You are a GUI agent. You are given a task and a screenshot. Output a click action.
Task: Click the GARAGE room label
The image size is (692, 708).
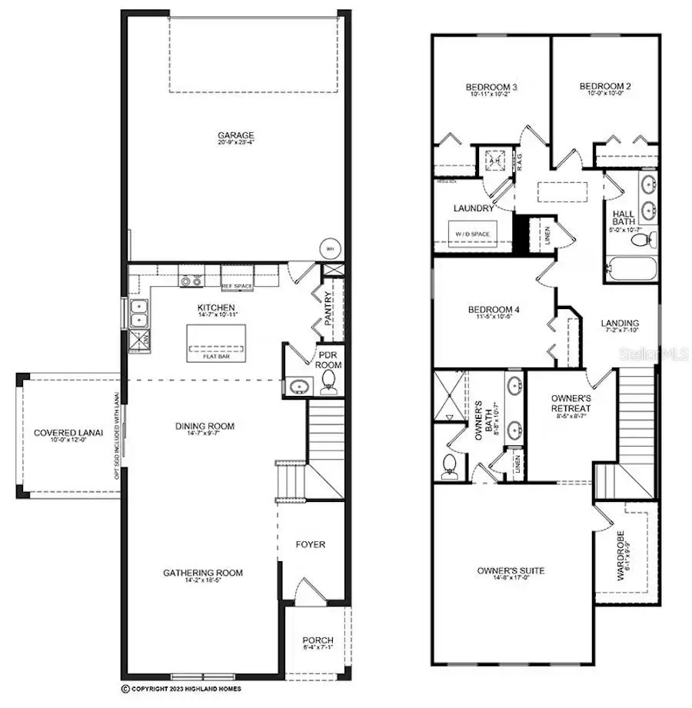pyautogui.click(x=235, y=135)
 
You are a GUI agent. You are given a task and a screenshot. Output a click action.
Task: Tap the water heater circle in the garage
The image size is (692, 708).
pyautogui.click(x=330, y=248)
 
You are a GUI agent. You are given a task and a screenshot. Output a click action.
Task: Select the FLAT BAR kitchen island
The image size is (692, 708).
pyautogui.click(x=217, y=343)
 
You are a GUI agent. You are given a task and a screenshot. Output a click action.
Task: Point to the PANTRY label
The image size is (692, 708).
pyautogui.click(x=329, y=307)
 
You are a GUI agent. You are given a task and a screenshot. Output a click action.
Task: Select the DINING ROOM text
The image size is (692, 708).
pyautogui.click(x=205, y=426)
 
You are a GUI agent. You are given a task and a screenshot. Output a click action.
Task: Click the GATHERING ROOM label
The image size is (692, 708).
pyautogui.click(x=203, y=573)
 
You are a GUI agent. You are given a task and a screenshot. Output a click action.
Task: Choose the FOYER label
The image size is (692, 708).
pyautogui.click(x=311, y=544)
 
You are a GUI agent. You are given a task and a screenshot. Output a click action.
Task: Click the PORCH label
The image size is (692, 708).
pyautogui.click(x=318, y=640)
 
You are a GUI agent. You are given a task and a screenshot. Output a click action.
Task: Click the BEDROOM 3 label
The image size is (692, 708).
pyautogui.click(x=491, y=87)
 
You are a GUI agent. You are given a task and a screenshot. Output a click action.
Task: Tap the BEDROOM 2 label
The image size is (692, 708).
pyautogui.click(x=605, y=87)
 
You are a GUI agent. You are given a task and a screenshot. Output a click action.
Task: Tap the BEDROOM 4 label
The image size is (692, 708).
pyautogui.click(x=494, y=310)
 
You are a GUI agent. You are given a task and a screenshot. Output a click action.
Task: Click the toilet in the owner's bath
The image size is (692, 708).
pyautogui.click(x=450, y=464)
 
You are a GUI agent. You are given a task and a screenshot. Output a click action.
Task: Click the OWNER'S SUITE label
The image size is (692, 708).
pyautogui.click(x=511, y=571)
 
